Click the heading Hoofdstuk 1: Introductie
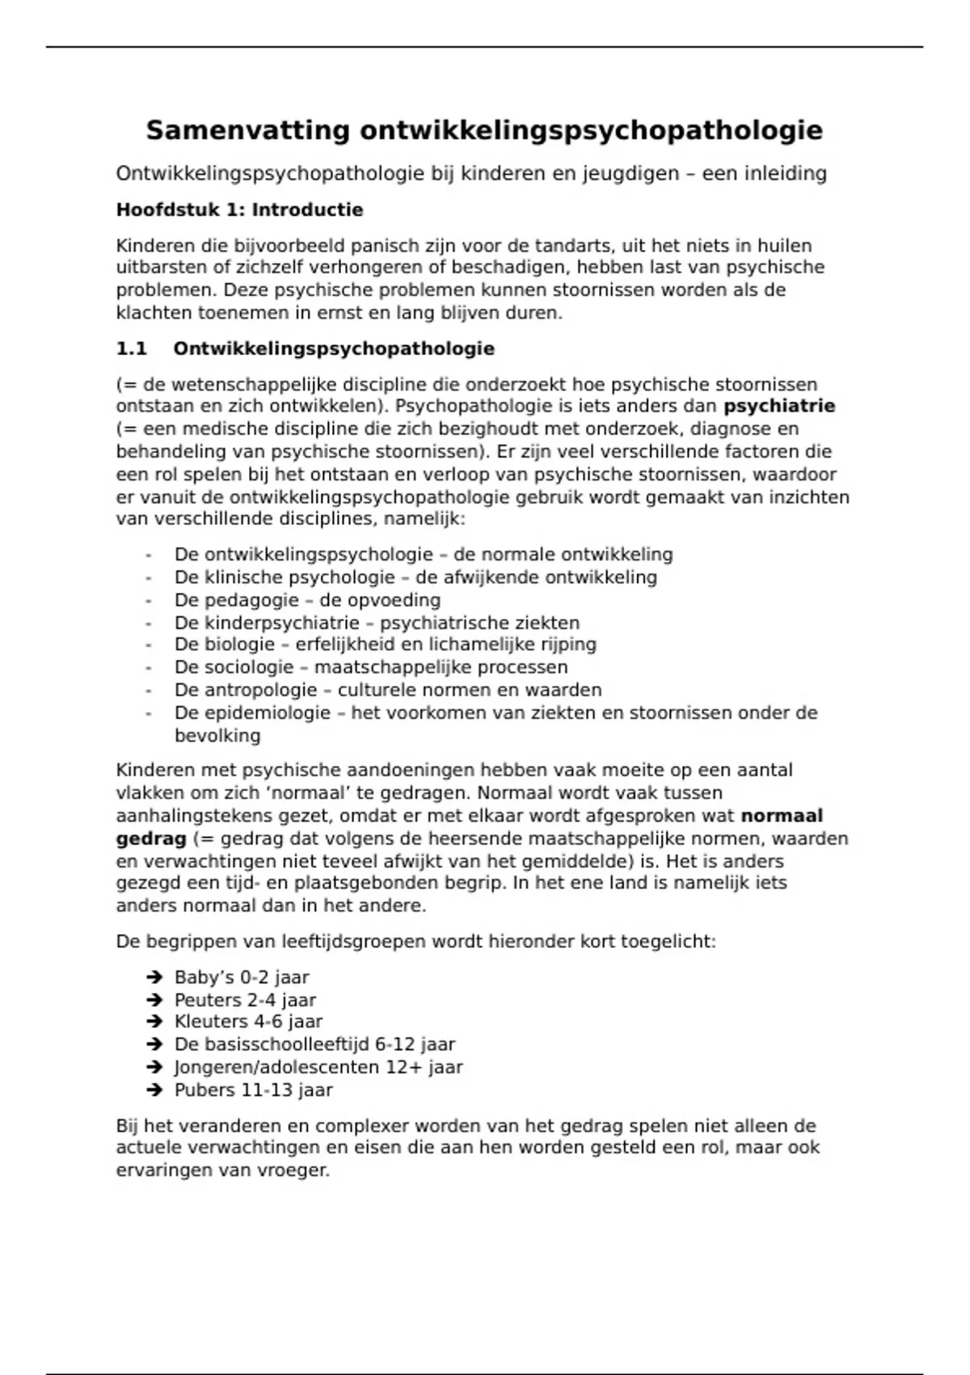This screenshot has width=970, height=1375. (239, 210)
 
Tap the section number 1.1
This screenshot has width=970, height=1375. (131, 349)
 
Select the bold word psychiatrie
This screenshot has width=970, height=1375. (779, 406)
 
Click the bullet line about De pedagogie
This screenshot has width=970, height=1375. (307, 600)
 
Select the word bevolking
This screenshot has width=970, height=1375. (217, 736)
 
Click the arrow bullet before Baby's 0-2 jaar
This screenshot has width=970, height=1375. (154, 977)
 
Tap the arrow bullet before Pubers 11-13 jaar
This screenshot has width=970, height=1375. (154, 1090)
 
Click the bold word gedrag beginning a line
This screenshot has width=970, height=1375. (151, 838)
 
